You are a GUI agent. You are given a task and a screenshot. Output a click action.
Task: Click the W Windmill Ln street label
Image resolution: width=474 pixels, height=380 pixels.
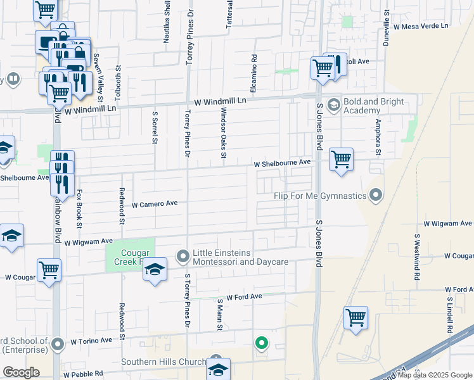220,101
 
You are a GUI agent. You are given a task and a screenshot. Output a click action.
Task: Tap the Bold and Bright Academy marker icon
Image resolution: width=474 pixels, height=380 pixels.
333,103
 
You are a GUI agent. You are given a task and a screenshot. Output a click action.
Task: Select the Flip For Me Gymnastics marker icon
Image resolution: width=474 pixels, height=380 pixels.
376,195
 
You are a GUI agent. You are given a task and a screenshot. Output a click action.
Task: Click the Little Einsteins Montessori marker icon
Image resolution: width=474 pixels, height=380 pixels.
183,256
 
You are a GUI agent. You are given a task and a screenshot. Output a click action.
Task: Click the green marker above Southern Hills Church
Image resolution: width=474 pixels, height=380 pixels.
260,344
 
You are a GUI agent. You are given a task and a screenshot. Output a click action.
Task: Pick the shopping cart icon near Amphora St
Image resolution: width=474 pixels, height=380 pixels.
341,158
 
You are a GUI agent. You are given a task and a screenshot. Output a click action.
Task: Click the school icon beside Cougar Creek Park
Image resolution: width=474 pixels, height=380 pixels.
154,269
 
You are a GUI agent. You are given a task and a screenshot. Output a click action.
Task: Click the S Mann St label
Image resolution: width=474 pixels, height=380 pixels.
220,315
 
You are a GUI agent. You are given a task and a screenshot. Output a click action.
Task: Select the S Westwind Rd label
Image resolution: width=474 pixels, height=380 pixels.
417,258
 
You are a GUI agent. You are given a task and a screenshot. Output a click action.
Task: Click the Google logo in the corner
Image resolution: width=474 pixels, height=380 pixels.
21,372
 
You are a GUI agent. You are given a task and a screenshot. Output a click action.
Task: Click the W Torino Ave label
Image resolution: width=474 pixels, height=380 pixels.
91,341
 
